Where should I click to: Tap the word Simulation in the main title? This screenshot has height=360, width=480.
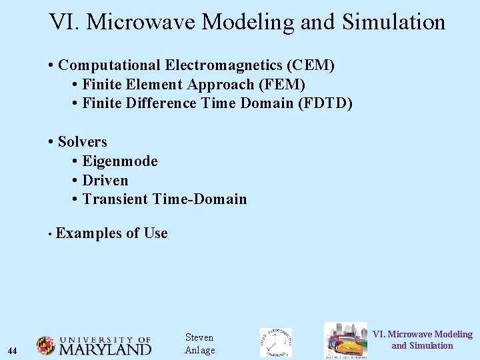(x=393, y=22)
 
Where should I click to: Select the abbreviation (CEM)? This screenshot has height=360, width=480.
(x=311, y=65)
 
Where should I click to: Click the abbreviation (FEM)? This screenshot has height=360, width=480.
(x=282, y=85)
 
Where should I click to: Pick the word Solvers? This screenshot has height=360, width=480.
(x=82, y=142)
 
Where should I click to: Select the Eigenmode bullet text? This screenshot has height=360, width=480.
(x=120, y=161)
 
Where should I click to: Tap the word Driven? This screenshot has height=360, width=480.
(x=105, y=180)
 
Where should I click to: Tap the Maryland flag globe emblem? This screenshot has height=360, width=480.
(x=45, y=345)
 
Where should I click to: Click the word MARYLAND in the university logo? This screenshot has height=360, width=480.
(x=105, y=349)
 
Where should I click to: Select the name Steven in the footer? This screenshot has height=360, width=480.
(x=199, y=337)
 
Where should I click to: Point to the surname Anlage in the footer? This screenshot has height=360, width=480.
(x=199, y=351)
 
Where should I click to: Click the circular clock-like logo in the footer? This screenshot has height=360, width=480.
(x=275, y=343)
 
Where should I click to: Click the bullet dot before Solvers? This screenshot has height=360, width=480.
(x=51, y=142)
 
